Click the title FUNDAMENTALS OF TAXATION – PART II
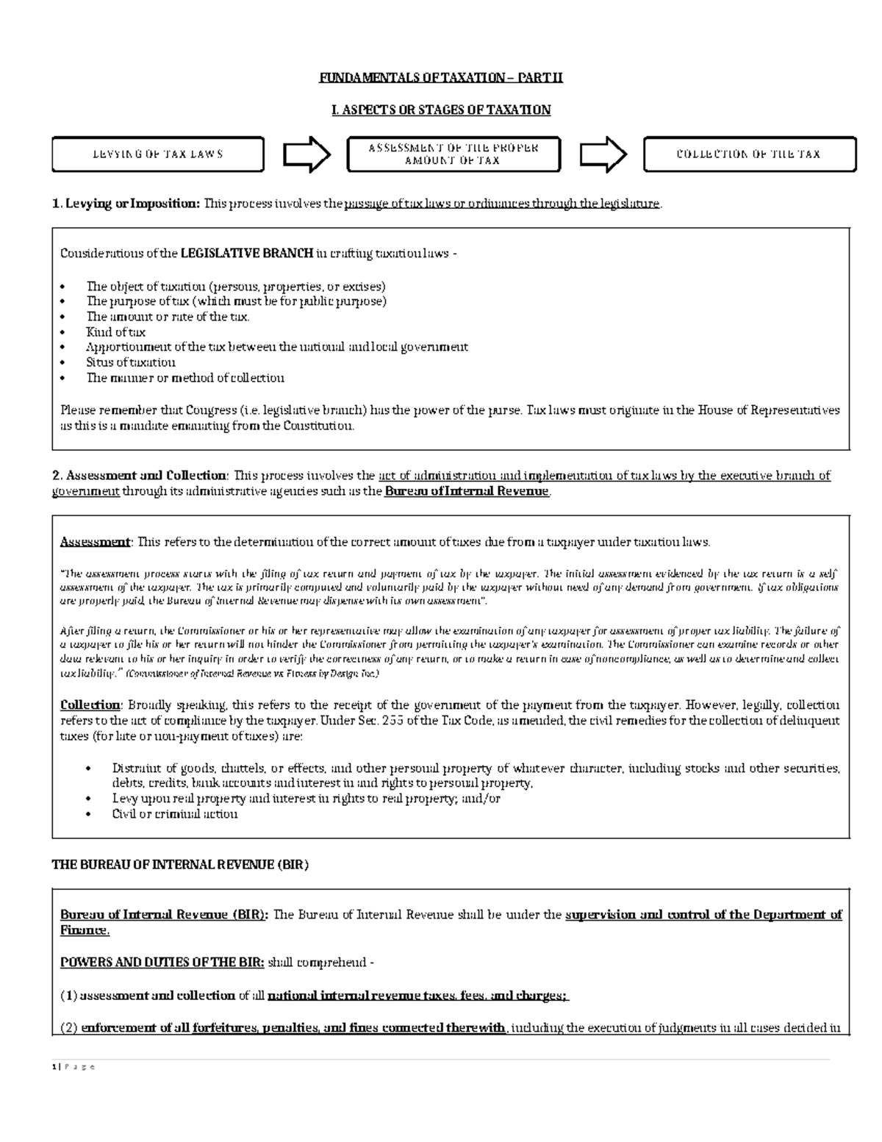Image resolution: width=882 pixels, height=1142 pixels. click(440, 78)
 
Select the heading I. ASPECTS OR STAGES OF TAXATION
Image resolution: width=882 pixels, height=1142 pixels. click(440, 110)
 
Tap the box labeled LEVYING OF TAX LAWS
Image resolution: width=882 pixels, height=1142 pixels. click(158, 154)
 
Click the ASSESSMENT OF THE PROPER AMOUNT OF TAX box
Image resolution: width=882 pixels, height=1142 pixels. click(453, 154)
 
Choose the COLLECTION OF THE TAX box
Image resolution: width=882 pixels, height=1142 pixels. click(749, 154)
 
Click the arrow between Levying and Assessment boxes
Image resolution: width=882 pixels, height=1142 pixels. click(306, 154)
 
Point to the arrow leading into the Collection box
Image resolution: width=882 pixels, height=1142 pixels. click(603, 154)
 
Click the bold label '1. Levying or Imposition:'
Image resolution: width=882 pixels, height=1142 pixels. click(126, 204)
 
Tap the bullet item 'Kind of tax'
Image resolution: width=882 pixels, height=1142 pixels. click(116, 332)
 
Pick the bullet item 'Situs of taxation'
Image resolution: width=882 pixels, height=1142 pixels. click(131, 363)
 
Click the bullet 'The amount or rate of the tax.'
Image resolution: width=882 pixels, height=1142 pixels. click(168, 317)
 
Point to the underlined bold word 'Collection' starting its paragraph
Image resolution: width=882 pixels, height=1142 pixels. click(90, 705)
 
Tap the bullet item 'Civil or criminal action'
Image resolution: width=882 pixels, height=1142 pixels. click(175, 814)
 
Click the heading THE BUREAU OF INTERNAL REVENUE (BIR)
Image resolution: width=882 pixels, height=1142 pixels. click(180, 866)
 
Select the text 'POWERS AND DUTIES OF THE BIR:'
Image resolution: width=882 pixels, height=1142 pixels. click(162, 963)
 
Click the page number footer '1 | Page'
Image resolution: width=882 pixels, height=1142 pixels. click(73, 1067)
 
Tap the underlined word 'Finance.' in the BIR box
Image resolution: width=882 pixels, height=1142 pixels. click(85, 930)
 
